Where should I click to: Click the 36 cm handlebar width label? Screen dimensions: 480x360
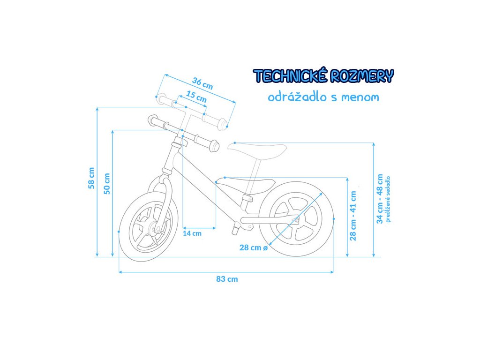pyautogui.click(x=203, y=84)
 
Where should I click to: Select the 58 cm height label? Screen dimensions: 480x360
pyautogui.click(x=91, y=178)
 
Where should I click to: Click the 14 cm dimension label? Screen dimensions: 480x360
pyautogui.click(x=192, y=233)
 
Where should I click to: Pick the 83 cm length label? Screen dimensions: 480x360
pyautogui.click(x=227, y=279)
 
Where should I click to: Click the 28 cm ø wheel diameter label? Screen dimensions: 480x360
pyautogui.click(x=253, y=247)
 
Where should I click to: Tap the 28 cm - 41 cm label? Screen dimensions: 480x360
pyautogui.click(x=353, y=216)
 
